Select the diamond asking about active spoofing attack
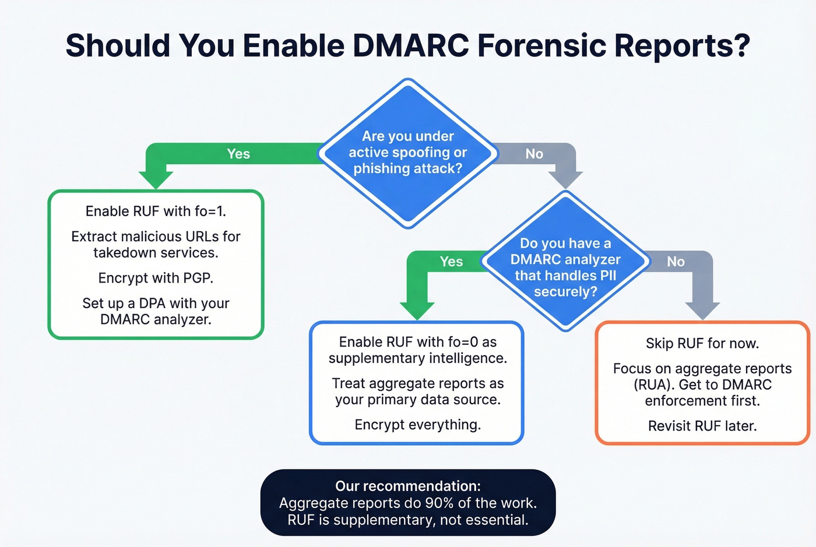(x=408, y=153)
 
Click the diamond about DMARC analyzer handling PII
(x=565, y=267)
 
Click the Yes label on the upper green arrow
(x=238, y=154)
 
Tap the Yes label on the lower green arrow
(x=451, y=262)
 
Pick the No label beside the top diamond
(x=534, y=154)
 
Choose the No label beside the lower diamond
(x=676, y=262)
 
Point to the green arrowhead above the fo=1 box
(x=156, y=179)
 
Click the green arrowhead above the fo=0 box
(x=417, y=310)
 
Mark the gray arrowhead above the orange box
(x=702, y=310)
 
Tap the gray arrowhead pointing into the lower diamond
(x=565, y=179)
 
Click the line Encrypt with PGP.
(x=156, y=278)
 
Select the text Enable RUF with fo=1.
(x=156, y=211)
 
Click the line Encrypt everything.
(x=417, y=425)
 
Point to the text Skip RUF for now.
(x=702, y=343)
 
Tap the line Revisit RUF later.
(x=702, y=426)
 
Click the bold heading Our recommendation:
(x=408, y=486)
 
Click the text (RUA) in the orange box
(x=653, y=385)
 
